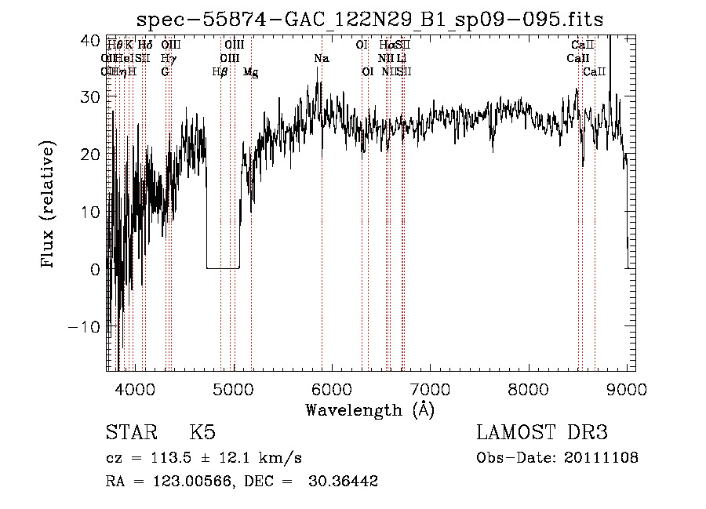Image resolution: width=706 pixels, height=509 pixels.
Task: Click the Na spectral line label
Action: (x=322, y=59)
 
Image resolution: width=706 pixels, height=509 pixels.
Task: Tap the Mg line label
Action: (x=250, y=72)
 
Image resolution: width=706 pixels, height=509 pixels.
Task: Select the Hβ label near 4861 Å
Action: (x=220, y=72)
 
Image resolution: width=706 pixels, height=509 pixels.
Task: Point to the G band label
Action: (x=166, y=72)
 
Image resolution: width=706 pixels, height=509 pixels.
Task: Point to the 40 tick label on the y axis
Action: (x=91, y=39)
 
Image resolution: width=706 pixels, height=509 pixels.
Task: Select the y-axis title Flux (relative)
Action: (x=49, y=205)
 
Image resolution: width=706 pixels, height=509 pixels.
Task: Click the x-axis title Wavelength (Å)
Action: (x=369, y=409)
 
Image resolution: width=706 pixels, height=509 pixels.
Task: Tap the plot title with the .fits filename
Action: (x=369, y=20)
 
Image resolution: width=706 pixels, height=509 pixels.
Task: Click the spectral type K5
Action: (x=202, y=433)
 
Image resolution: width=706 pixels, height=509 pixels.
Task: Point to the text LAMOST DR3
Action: (x=542, y=433)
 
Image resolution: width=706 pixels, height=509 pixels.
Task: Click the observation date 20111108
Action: (x=601, y=458)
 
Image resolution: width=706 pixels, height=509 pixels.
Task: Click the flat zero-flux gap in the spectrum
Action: (x=223, y=268)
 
